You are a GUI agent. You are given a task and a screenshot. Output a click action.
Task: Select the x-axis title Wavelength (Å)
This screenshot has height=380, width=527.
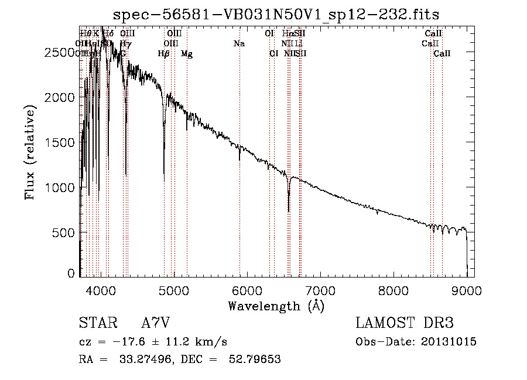click(276, 306)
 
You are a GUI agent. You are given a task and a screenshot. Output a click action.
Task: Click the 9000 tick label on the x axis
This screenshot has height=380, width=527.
click(466, 290)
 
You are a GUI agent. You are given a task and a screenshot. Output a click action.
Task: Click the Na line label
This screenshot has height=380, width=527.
click(239, 44)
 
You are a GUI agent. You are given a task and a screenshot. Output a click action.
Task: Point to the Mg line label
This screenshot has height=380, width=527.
click(187, 54)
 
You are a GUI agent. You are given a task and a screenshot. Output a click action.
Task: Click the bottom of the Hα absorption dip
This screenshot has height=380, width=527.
click(289, 211)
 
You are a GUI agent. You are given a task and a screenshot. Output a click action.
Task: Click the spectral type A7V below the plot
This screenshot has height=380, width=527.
click(156, 323)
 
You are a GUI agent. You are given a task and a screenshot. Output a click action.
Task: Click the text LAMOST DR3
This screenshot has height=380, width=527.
click(405, 323)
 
